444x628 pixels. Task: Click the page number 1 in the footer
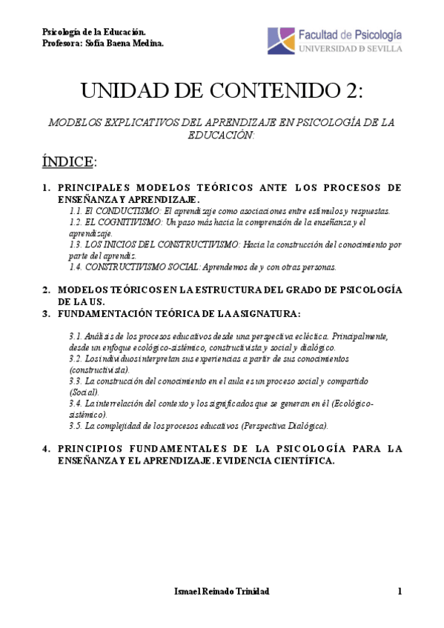coord(399,591)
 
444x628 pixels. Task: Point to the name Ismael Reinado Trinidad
coord(221,591)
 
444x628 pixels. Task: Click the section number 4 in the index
coord(46,448)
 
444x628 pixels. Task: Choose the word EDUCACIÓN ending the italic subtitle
coord(222,135)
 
